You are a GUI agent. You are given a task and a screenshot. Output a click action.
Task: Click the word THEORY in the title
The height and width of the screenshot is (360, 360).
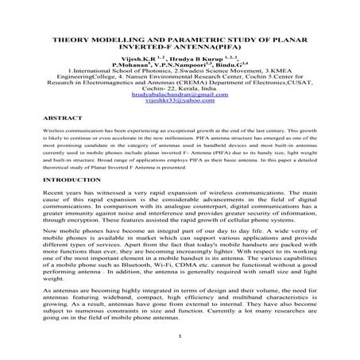coord(69,37)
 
